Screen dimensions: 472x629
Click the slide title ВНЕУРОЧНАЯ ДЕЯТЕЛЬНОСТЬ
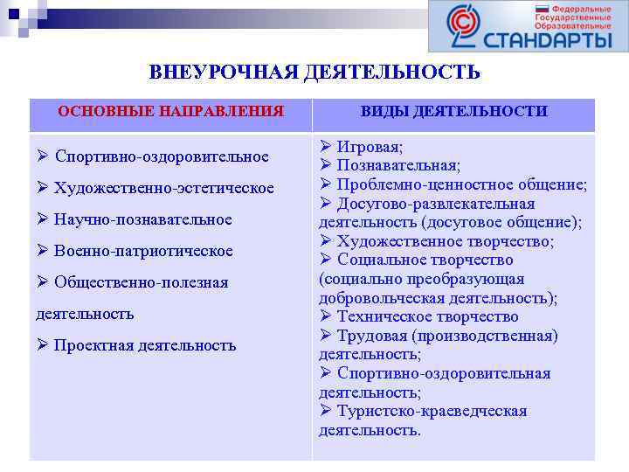[x=314, y=72]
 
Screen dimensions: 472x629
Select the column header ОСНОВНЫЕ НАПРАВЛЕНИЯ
[x=170, y=112]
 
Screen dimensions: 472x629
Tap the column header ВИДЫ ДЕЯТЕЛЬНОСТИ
[x=454, y=112]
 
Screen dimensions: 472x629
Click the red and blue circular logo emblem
[x=462, y=26]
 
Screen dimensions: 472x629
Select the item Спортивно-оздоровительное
[x=162, y=156]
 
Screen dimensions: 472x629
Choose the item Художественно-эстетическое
[x=163, y=188]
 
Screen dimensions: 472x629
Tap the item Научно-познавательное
[x=142, y=219]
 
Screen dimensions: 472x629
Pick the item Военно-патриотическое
[x=143, y=251]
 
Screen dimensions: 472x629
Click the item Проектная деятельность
[x=145, y=345]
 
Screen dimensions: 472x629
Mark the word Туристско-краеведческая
[x=432, y=411]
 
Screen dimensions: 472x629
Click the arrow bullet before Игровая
[x=325, y=147]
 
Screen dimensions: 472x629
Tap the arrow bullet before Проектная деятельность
[x=42, y=345]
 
